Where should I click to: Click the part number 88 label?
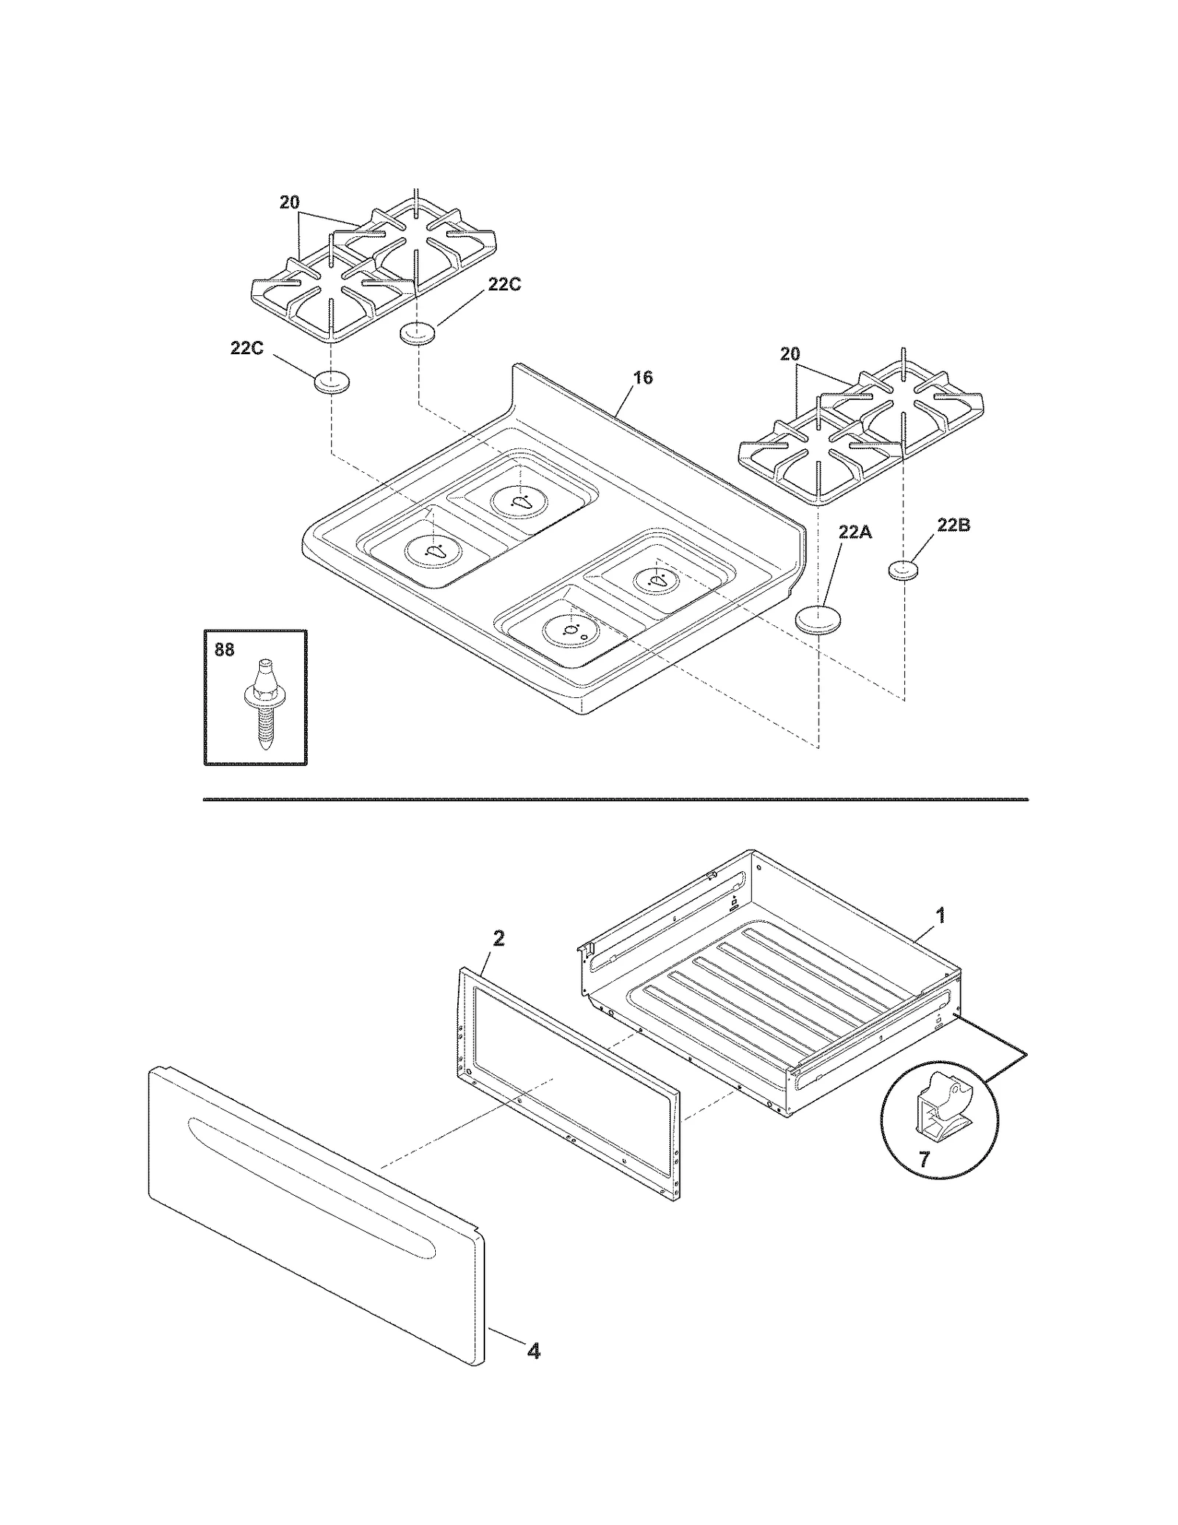click(x=224, y=650)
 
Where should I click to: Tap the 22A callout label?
click(x=854, y=532)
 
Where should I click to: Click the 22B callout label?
click(x=953, y=525)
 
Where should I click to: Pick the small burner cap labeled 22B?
click(x=905, y=570)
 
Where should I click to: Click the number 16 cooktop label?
click(x=643, y=378)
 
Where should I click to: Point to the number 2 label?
click(x=498, y=939)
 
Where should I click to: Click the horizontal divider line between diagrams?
click(x=615, y=798)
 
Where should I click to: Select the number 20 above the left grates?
click(x=289, y=202)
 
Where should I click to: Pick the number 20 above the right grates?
click(x=789, y=354)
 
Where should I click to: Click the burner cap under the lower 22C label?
click(x=331, y=383)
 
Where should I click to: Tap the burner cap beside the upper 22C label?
click(x=417, y=334)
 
